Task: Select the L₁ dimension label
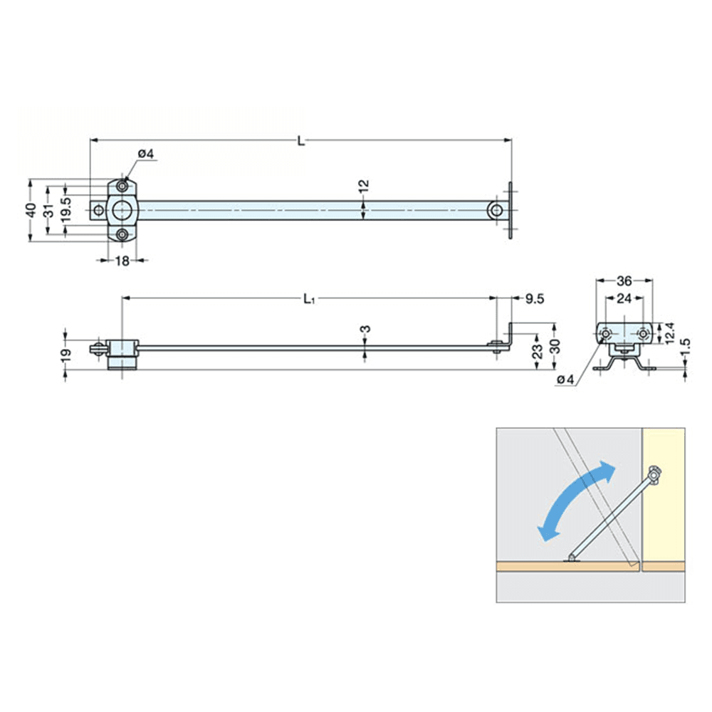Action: click(308, 300)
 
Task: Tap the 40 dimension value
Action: click(31, 211)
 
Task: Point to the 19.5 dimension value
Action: click(66, 211)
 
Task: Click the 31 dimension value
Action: click(48, 211)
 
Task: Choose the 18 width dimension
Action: click(122, 261)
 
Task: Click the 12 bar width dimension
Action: click(364, 188)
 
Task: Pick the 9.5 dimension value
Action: click(534, 300)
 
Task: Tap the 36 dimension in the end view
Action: click(624, 281)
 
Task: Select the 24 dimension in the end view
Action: click(624, 299)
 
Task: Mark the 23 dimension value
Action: click(538, 349)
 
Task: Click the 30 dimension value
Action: click(555, 347)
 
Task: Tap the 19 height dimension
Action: click(66, 354)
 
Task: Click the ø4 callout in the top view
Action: click(146, 155)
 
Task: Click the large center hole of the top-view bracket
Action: click(122, 211)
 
